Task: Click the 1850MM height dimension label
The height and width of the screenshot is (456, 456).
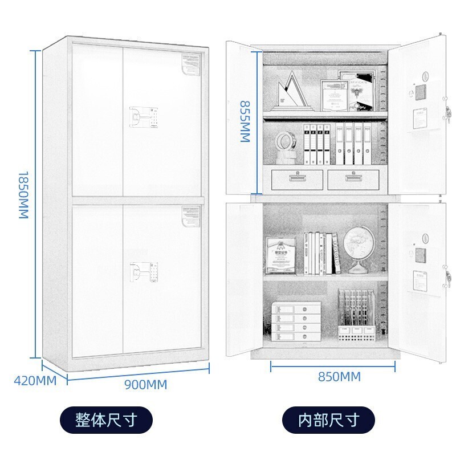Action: [x=23, y=194]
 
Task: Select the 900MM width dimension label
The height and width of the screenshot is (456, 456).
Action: [x=146, y=385]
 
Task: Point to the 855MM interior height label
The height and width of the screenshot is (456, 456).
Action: [x=245, y=122]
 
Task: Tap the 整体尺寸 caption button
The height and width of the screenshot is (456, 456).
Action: [x=107, y=421]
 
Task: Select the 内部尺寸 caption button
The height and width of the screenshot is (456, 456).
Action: [x=329, y=421]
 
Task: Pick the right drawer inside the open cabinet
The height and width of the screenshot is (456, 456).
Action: [x=354, y=178]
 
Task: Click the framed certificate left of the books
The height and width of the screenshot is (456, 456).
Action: [x=281, y=255]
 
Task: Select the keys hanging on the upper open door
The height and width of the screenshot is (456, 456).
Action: [x=448, y=117]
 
